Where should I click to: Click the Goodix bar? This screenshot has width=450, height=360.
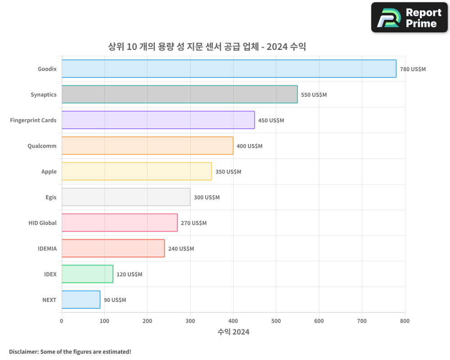click(x=229, y=69)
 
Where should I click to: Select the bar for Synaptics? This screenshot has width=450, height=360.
click(x=179, y=94)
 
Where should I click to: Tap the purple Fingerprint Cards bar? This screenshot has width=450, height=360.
click(x=158, y=120)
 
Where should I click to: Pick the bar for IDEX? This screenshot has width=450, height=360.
click(x=87, y=274)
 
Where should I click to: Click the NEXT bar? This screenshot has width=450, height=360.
click(x=81, y=300)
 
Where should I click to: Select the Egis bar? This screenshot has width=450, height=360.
click(x=126, y=197)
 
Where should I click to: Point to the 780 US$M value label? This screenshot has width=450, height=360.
click(x=413, y=69)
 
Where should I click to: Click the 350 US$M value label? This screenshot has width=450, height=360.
click(x=228, y=172)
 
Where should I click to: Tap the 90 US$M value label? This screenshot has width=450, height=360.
click(x=115, y=300)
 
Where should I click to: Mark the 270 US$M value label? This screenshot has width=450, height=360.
click(x=193, y=223)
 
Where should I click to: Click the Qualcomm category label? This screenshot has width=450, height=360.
click(x=42, y=146)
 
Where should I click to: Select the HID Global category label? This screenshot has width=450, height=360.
click(x=42, y=223)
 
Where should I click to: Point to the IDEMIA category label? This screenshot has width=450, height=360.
click(x=47, y=248)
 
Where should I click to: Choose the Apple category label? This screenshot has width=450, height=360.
click(x=49, y=171)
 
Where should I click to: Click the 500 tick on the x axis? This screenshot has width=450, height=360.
click(x=276, y=321)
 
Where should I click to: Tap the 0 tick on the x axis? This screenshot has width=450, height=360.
click(x=62, y=321)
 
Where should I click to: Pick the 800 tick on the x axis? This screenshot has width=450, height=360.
click(x=405, y=321)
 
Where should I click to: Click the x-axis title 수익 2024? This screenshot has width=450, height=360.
click(x=233, y=332)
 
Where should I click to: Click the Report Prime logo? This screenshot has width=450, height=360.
click(x=409, y=18)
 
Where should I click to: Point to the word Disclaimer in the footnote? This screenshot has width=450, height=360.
click(x=23, y=352)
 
